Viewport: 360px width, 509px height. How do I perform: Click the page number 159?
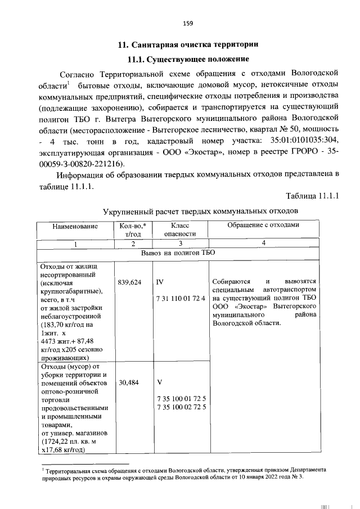tap(188, 23)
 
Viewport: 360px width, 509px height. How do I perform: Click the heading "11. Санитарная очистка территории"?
tap(188, 44)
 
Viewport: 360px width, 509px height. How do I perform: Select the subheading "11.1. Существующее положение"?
tap(188, 59)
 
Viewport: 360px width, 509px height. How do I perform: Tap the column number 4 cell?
tap(262, 242)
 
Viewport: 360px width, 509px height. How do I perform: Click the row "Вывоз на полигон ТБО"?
tap(178, 253)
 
